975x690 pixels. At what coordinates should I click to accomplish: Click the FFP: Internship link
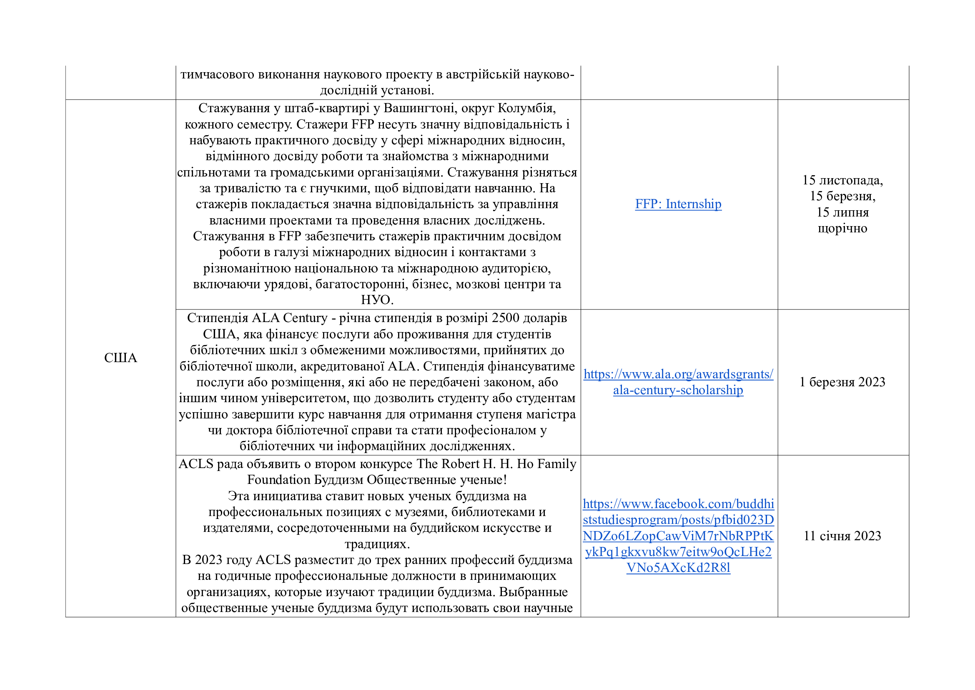click(678, 204)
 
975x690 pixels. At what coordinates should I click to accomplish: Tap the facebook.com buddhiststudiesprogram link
click(678, 536)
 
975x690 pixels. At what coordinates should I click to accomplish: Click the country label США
click(120, 358)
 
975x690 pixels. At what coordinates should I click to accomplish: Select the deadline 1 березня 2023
click(842, 382)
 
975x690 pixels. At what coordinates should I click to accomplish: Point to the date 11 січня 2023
click(842, 536)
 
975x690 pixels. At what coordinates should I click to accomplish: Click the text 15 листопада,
click(842, 180)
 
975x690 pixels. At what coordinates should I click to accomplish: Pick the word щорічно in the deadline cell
click(842, 228)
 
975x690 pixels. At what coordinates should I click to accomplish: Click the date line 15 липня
click(842, 212)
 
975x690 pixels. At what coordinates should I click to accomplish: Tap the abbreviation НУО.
click(377, 300)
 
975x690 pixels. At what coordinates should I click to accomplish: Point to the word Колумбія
click(526, 108)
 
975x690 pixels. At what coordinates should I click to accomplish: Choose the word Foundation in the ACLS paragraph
click(278, 480)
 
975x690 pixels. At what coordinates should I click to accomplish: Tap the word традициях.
click(377, 544)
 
